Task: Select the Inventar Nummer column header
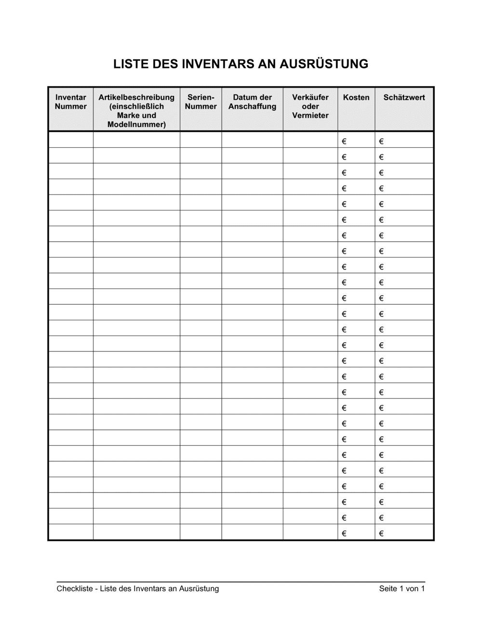click(x=70, y=102)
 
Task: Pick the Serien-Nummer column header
click(x=201, y=102)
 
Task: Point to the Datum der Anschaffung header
click(x=252, y=102)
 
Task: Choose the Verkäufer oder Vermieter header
click(x=310, y=106)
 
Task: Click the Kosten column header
click(x=356, y=98)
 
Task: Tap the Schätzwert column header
click(x=404, y=98)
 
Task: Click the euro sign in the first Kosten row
click(x=344, y=142)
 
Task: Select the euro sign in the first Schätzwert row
click(x=381, y=142)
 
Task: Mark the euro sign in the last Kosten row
click(x=344, y=533)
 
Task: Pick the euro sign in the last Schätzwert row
click(x=381, y=533)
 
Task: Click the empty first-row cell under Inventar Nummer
click(x=70, y=140)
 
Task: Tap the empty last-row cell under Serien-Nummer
click(x=201, y=532)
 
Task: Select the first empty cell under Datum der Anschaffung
click(x=252, y=140)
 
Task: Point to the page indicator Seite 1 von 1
click(x=402, y=589)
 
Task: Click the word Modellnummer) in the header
click(x=136, y=125)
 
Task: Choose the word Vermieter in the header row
click(x=310, y=116)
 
